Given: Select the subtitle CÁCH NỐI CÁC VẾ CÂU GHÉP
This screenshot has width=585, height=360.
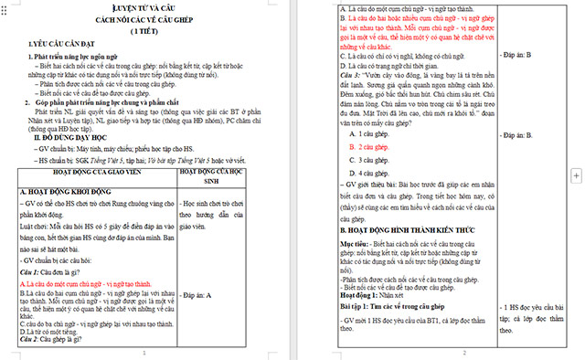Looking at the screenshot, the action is pos(144,18).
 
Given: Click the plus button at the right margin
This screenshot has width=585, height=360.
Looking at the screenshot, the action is pos(576,174).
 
